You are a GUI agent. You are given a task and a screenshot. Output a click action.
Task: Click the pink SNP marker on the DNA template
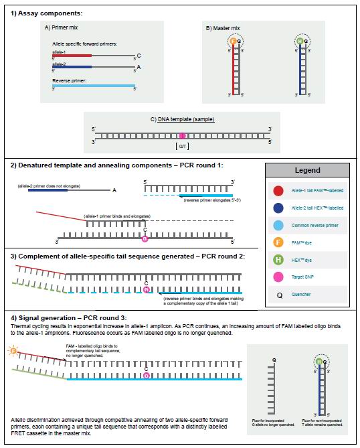[181, 135]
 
